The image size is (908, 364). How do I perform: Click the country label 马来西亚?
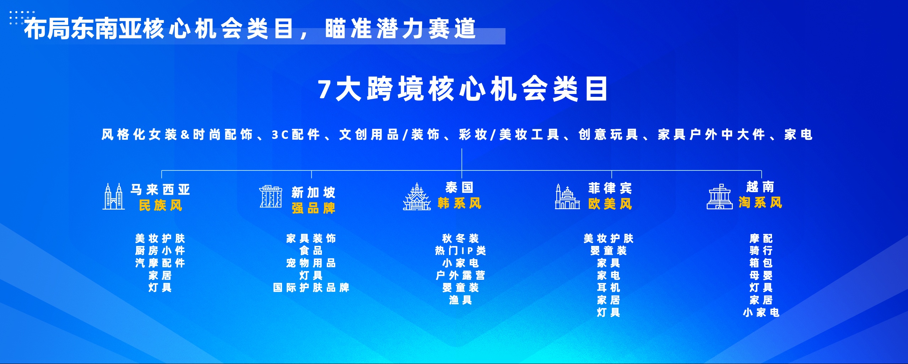click(160, 190)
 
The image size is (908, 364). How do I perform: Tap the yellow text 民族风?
click(160, 206)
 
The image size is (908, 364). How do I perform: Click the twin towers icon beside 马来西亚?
click(114, 196)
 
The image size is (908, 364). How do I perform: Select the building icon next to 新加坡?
click(271, 196)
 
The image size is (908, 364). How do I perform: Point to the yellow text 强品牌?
click(313, 208)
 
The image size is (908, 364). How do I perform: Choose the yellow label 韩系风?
click(459, 204)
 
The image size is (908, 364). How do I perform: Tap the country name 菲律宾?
click(610, 188)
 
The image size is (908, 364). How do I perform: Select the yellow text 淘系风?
click(760, 203)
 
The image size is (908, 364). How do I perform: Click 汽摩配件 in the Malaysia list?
click(160, 263)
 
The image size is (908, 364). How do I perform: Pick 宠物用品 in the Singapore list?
click(311, 263)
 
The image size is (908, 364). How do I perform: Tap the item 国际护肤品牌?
click(311, 287)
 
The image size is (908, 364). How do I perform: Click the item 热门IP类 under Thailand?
click(460, 251)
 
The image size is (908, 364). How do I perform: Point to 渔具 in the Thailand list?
click(460, 300)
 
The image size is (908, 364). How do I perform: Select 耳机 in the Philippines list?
click(609, 287)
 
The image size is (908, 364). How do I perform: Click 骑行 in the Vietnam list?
click(761, 251)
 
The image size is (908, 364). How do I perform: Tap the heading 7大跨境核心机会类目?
click(462, 89)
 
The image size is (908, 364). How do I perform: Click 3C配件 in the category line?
click(296, 135)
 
